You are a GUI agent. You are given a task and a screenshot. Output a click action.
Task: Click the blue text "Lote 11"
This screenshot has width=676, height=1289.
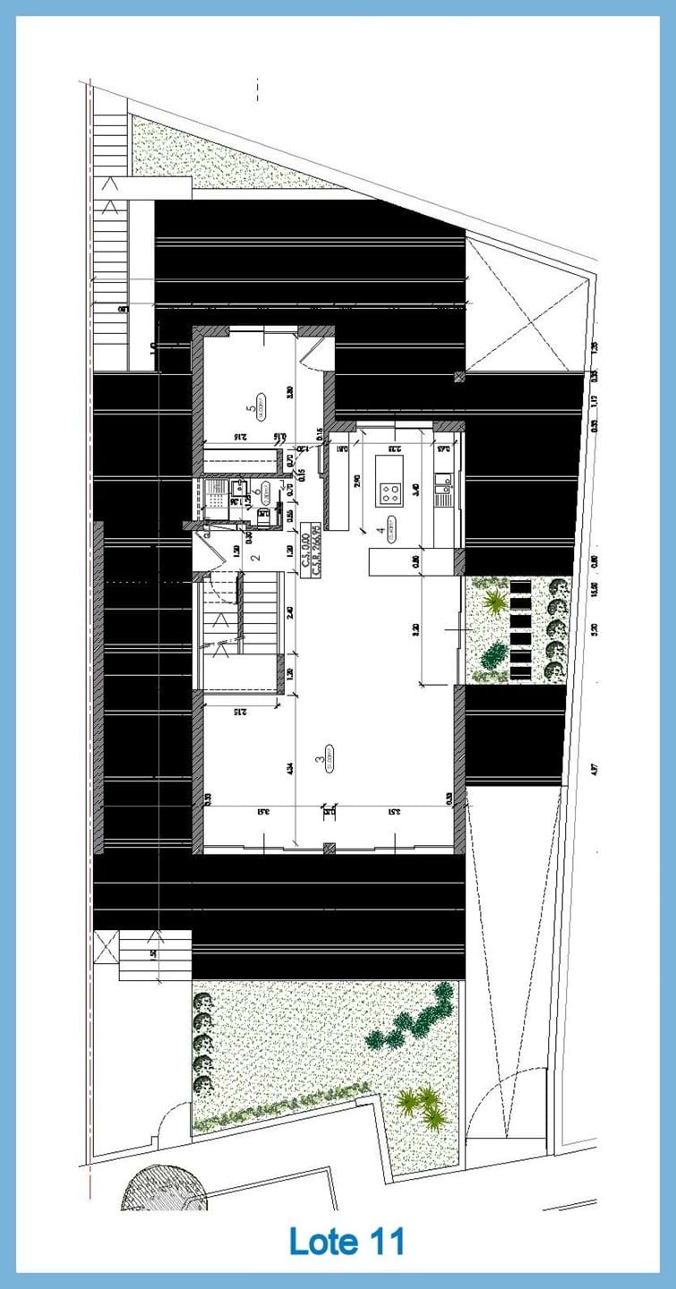pyautogui.click(x=347, y=1242)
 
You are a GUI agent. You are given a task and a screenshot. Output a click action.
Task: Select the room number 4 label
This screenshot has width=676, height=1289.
pyautogui.click(x=381, y=530)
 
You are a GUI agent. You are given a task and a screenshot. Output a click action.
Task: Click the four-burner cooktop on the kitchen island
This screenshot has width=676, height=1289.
pyautogui.click(x=390, y=491)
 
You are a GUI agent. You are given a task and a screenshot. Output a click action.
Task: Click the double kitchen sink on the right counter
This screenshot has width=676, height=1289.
pyautogui.click(x=443, y=489)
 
